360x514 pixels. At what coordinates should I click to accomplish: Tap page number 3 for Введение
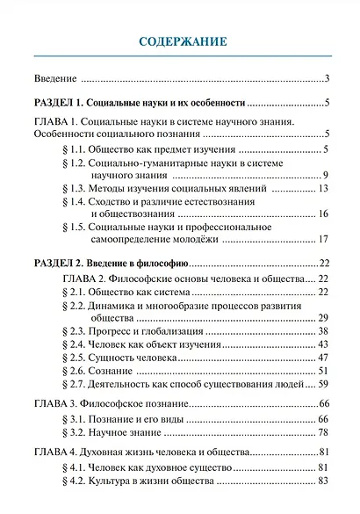point(326,79)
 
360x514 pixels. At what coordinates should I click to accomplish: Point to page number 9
point(325,175)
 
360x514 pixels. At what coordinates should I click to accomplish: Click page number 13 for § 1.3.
point(322,188)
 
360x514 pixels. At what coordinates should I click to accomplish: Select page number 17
point(322,240)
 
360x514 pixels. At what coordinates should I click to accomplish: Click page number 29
point(322,316)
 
